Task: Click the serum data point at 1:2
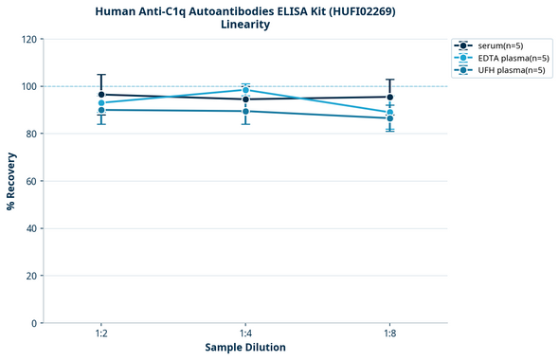point(101,95)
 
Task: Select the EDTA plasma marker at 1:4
point(245,90)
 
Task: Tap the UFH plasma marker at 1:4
point(245,111)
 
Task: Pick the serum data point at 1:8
point(390,97)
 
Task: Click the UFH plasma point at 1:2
point(101,110)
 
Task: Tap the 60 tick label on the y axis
point(31,181)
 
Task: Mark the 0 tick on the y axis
point(34,323)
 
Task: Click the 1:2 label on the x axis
point(101,334)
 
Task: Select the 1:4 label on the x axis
point(245,334)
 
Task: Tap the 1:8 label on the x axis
point(390,334)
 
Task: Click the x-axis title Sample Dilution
point(245,348)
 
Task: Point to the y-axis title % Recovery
point(11,180)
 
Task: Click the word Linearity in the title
point(245,25)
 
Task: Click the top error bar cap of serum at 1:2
point(101,75)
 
